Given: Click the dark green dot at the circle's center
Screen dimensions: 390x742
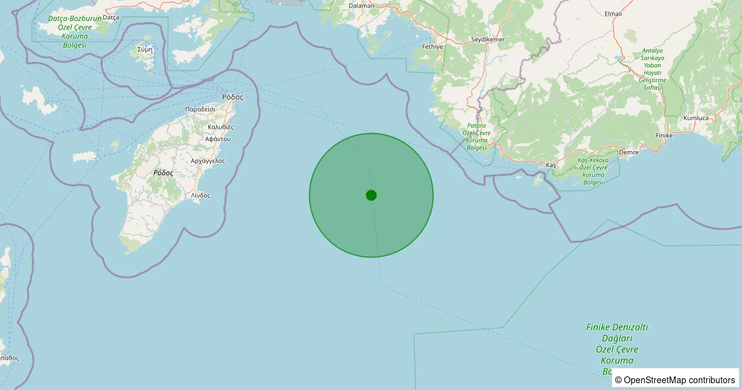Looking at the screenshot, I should pos(371,195).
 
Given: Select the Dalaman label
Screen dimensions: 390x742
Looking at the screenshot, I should pos(362,6).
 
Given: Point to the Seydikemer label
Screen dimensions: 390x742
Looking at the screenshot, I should pos(488,40).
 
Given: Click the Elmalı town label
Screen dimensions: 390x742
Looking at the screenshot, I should pos(613,13).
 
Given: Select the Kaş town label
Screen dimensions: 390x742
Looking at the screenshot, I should pos(552,165).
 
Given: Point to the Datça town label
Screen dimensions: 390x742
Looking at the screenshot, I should pos(111,17).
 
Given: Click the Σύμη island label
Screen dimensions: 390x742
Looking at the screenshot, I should pos(145,48).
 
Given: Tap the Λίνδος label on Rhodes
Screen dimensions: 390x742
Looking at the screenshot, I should pos(200,195).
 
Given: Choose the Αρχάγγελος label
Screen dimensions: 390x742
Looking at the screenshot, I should pos(208,160).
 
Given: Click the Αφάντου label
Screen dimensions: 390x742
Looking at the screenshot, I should pos(218,139).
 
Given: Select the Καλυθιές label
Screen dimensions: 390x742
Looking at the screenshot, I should pos(221,126).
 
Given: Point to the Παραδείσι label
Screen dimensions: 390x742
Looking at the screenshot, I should pos(200,108).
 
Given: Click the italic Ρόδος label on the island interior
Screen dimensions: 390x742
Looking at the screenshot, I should pos(163,173).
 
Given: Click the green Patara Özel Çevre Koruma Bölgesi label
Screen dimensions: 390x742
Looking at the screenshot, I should pos(477,136).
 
